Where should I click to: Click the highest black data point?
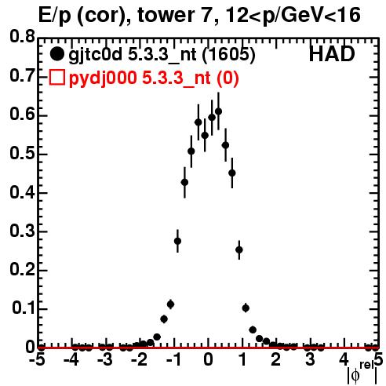(x=218, y=111)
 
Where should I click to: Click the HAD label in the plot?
(x=332, y=54)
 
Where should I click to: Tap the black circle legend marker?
(x=57, y=54)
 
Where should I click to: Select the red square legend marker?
(x=57, y=78)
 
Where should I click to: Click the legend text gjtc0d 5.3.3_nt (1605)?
(x=162, y=55)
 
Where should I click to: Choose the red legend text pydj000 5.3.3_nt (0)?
(x=154, y=78)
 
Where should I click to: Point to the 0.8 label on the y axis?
(x=22, y=37)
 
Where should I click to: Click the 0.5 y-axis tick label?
(x=22, y=154)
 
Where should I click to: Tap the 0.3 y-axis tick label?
(x=22, y=231)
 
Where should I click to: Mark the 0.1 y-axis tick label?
(x=23, y=308)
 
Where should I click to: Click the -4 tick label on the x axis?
(x=71, y=360)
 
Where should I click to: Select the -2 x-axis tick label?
(x=140, y=360)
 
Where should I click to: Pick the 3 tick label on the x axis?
(x=310, y=360)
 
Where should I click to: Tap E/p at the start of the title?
(x=55, y=16)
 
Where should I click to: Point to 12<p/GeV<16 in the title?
(x=293, y=16)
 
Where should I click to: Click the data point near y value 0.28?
(x=177, y=241)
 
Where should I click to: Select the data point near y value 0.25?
(x=239, y=250)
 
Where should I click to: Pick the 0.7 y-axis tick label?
(x=22, y=76)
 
